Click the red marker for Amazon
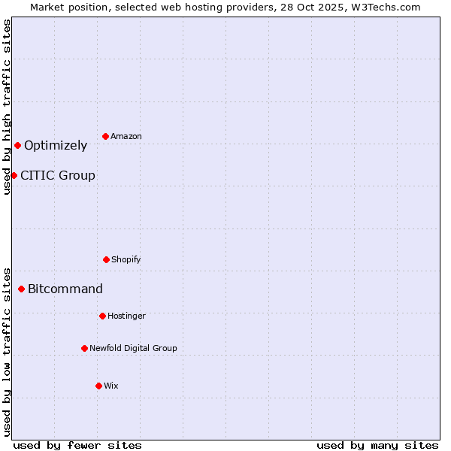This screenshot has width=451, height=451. (106, 136)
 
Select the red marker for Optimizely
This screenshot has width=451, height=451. (17, 145)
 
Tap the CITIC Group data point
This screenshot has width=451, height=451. (14, 175)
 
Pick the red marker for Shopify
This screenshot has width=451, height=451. (106, 259)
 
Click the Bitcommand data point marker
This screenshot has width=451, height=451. (21, 289)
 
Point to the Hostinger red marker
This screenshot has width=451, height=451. (102, 316)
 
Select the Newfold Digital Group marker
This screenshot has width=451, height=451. (84, 348)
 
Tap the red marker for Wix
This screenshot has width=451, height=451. (98, 386)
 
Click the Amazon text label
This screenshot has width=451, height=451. (126, 136)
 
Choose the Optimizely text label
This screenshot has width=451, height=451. (56, 146)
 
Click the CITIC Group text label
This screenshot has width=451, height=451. (58, 176)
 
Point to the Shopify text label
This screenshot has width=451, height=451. (126, 260)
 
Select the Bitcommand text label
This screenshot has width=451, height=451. (65, 289)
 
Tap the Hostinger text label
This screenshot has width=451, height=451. (126, 316)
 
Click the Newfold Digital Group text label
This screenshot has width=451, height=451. (133, 349)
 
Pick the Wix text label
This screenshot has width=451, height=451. (111, 386)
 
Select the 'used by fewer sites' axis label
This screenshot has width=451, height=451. (77, 445)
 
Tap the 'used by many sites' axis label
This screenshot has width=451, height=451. (377, 445)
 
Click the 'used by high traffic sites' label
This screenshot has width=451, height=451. (7, 107)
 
